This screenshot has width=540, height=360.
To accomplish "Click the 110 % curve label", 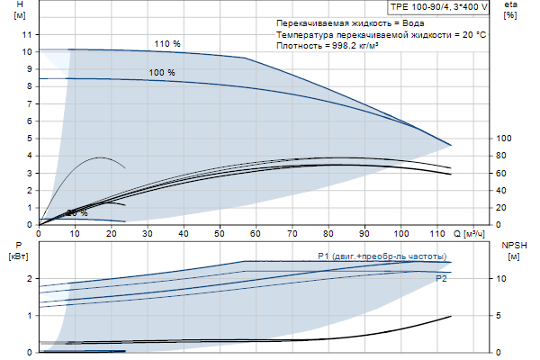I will pyautogui.click(x=167, y=44).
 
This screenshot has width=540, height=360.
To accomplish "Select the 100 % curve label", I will pyautogui.click(x=162, y=72).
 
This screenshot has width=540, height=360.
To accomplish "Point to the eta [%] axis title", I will pyautogui.click(x=511, y=10).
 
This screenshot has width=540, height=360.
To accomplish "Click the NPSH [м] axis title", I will pyautogui.click(x=512, y=250).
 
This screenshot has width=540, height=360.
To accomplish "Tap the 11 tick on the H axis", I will pyautogui.click(x=27, y=33).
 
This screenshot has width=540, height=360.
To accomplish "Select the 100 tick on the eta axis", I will pyautogui.click(x=504, y=138).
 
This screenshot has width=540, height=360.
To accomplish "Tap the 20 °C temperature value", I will pyautogui.click(x=473, y=33).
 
